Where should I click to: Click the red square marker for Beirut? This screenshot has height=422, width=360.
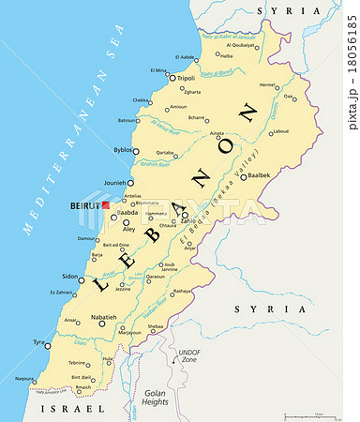point(106,203)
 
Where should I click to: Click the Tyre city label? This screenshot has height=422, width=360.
point(38,343)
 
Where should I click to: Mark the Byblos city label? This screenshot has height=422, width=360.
point(123,150)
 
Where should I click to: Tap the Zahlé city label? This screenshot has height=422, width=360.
point(177,221)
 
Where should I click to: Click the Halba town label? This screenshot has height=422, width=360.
point(227,54)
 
